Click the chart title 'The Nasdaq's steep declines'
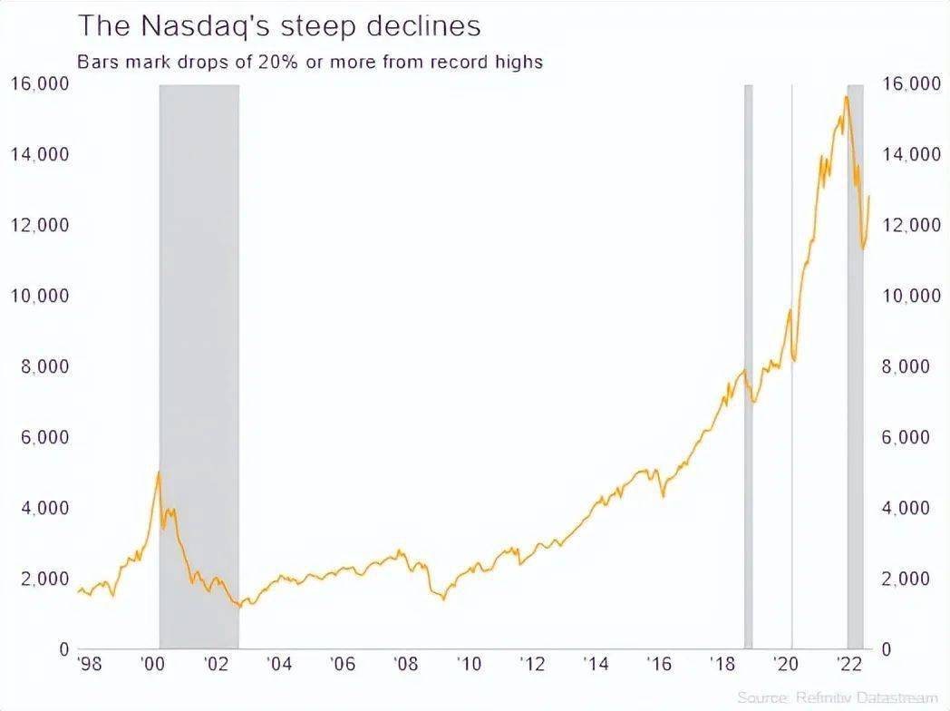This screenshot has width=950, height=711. pyautogui.click(x=278, y=25)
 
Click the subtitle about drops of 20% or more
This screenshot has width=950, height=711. pyautogui.click(x=309, y=62)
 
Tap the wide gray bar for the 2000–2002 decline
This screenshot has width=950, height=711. pyautogui.click(x=199, y=363)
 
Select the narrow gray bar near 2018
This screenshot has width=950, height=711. pyautogui.click(x=749, y=363)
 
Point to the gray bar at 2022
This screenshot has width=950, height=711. pyautogui.click(x=855, y=363)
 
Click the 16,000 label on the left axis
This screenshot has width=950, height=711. pyautogui.click(x=39, y=84)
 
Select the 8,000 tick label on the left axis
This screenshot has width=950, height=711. pyautogui.click(x=44, y=367)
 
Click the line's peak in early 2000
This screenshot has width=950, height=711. pyautogui.click(x=159, y=472)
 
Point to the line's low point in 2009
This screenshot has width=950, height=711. pyautogui.click(x=444, y=599)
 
